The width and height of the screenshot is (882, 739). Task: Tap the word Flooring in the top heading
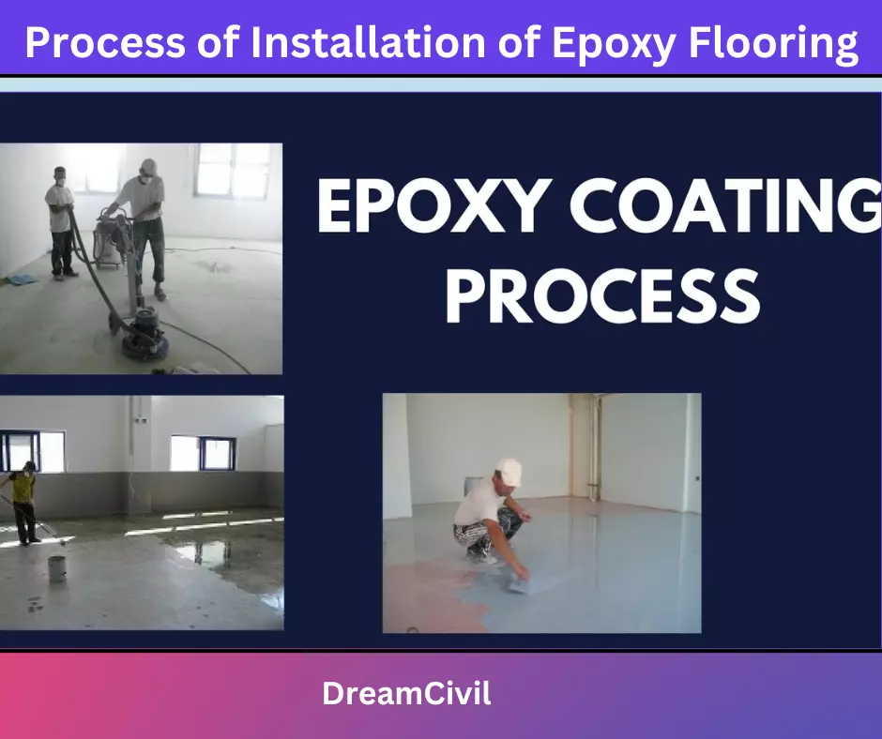773,44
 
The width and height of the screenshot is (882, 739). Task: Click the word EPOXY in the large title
434,205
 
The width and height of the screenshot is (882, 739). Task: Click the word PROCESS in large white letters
602,295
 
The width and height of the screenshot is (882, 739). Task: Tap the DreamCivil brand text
406,693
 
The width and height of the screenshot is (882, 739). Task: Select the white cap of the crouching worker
509,470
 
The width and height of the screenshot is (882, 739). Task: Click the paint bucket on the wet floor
57,568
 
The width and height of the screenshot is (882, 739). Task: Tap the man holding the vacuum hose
61,222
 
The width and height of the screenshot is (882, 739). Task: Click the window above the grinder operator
233,171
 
